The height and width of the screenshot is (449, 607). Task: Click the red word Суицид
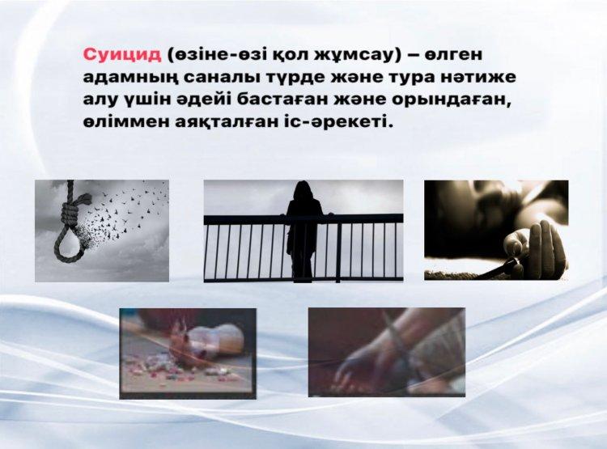[x=122, y=54]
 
